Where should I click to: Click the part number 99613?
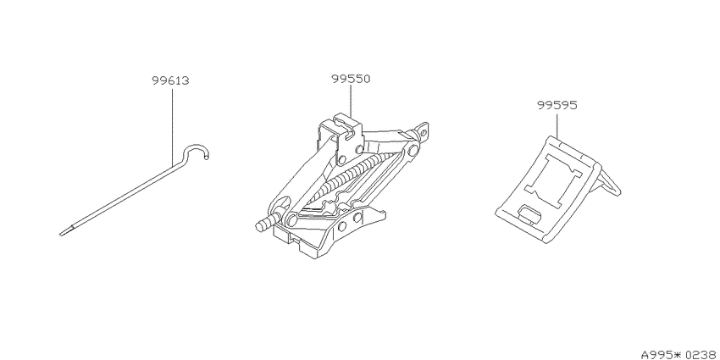pos(170,80)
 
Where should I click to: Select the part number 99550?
pos(351,79)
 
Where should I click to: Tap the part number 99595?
pos(557,105)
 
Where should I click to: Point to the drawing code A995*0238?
pos(680,354)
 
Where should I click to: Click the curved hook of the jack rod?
pos(196,147)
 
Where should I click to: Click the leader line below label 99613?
pos(173,127)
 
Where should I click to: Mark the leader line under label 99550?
pos(351,102)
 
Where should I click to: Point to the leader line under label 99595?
pos(557,125)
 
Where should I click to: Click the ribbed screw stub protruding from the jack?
pos(264,225)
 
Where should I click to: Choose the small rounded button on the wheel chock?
pos(529,213)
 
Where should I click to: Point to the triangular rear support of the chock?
pos(608,184)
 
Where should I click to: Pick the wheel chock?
pos(557,189)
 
